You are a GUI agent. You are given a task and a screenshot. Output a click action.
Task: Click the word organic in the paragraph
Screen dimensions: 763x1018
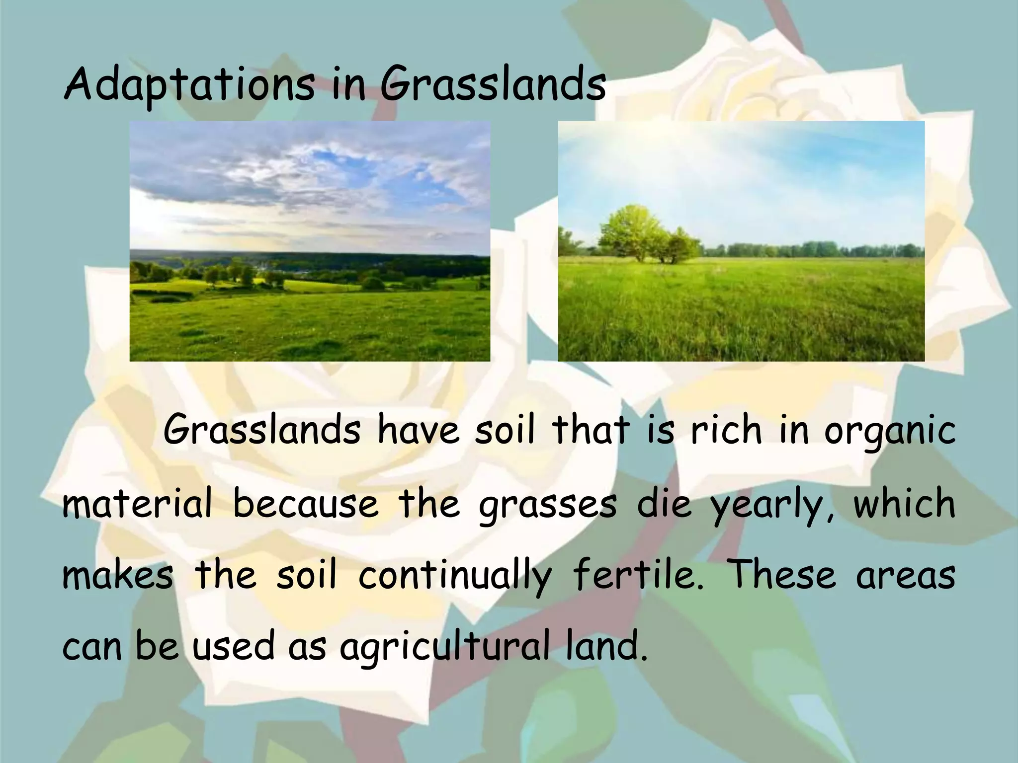click(x=890, y=431)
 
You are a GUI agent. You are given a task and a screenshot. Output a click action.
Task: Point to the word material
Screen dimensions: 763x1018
click(x=137, y=504)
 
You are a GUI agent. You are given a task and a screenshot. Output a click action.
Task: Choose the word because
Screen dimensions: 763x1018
click(x=306, y=504)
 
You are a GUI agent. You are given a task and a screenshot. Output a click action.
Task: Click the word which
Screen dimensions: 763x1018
click(x=905, y=503)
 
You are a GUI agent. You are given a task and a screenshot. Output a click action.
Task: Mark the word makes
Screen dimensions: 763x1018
click(x=118, y=575)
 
